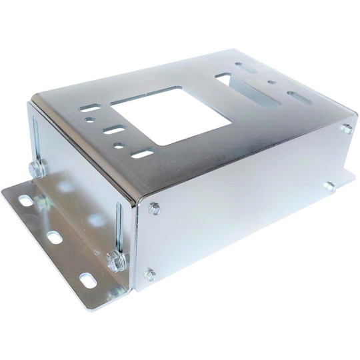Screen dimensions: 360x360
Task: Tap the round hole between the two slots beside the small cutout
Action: (271, 84)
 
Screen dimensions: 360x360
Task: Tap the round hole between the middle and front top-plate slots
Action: (118, 143)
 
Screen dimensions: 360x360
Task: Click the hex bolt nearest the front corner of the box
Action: (111, 256)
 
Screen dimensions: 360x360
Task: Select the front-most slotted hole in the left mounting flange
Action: (85, 278)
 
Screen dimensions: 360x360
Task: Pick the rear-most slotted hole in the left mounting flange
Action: (25, 199)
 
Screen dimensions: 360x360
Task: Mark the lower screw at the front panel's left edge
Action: (151, 271)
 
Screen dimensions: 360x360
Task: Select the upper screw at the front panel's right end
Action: (345, 129)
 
